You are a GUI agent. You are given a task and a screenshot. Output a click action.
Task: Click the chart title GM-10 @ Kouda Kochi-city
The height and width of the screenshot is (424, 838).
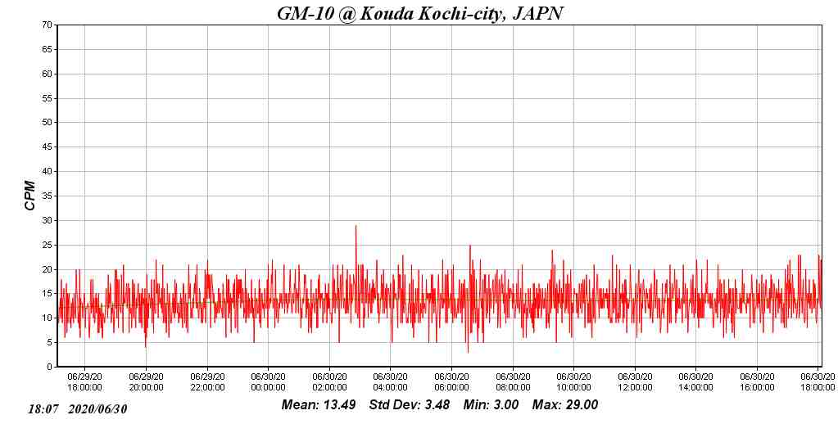coord(420,13)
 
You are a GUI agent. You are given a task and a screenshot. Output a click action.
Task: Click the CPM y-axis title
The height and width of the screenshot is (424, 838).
coord(30,196)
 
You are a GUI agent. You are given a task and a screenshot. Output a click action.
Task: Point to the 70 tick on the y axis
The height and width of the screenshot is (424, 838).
coord(48,25)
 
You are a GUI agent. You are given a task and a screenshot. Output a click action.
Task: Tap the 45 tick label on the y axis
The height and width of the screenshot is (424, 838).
coord(48,147)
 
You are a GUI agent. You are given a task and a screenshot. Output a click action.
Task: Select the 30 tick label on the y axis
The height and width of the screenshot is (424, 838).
coord(48,221)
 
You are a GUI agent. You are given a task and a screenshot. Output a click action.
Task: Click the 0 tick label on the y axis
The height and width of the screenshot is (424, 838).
coord(50,368)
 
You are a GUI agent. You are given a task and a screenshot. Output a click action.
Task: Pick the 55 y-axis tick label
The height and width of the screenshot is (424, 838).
coord(48,98)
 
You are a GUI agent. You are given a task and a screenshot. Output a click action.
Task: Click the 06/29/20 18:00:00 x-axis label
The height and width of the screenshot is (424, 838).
coord(84,382)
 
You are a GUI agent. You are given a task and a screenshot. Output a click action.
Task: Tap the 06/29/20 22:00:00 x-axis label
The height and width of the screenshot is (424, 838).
coord(207,382)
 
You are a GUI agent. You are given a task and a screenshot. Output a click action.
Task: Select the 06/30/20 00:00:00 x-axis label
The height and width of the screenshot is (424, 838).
coord(268,382)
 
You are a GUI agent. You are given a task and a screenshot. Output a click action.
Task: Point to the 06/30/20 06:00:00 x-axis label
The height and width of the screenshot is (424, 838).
coord(451,382)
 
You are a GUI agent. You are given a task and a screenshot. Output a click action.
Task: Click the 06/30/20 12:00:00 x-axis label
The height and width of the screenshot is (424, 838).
coord(635,382)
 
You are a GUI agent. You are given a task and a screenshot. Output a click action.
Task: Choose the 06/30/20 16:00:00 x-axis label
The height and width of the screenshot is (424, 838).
coord(757,382)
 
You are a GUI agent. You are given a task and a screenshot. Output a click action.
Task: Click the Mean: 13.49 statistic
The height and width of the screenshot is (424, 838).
coord(319,405)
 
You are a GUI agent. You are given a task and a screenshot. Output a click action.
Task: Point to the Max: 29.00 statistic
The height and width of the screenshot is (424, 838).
coord(565,405)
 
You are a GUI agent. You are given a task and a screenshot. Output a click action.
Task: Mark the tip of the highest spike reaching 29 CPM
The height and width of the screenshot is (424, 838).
coord(356,226)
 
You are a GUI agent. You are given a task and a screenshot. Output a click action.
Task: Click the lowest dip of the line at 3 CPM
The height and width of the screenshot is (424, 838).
coord(468,352)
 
